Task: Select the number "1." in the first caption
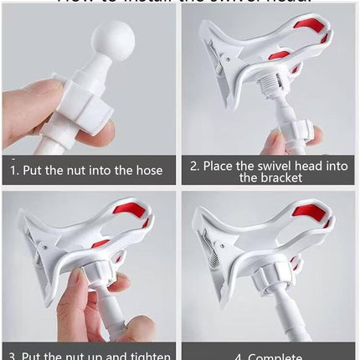coord(14,170)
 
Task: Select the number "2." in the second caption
coord(195,166)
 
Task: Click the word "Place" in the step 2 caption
coord(219,166)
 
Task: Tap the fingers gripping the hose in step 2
coord(297,136)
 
